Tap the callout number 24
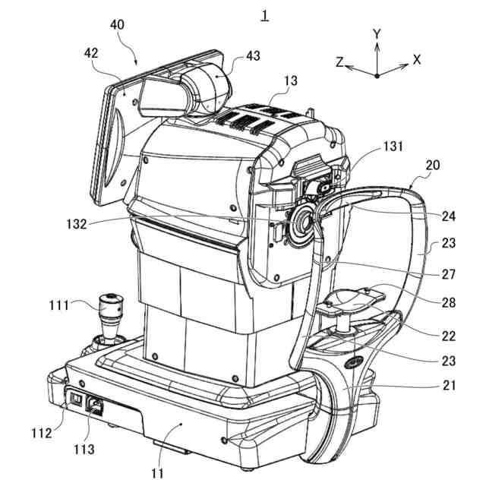pyautogui.click(x=450, y=216)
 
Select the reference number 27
pyautogui.click(x=450, y=271)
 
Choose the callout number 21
pyautogui.click(x=450, y=385)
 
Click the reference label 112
pyautogui.click(x=41, y=433)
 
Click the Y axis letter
pyautogui.click(x=377, y=34)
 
